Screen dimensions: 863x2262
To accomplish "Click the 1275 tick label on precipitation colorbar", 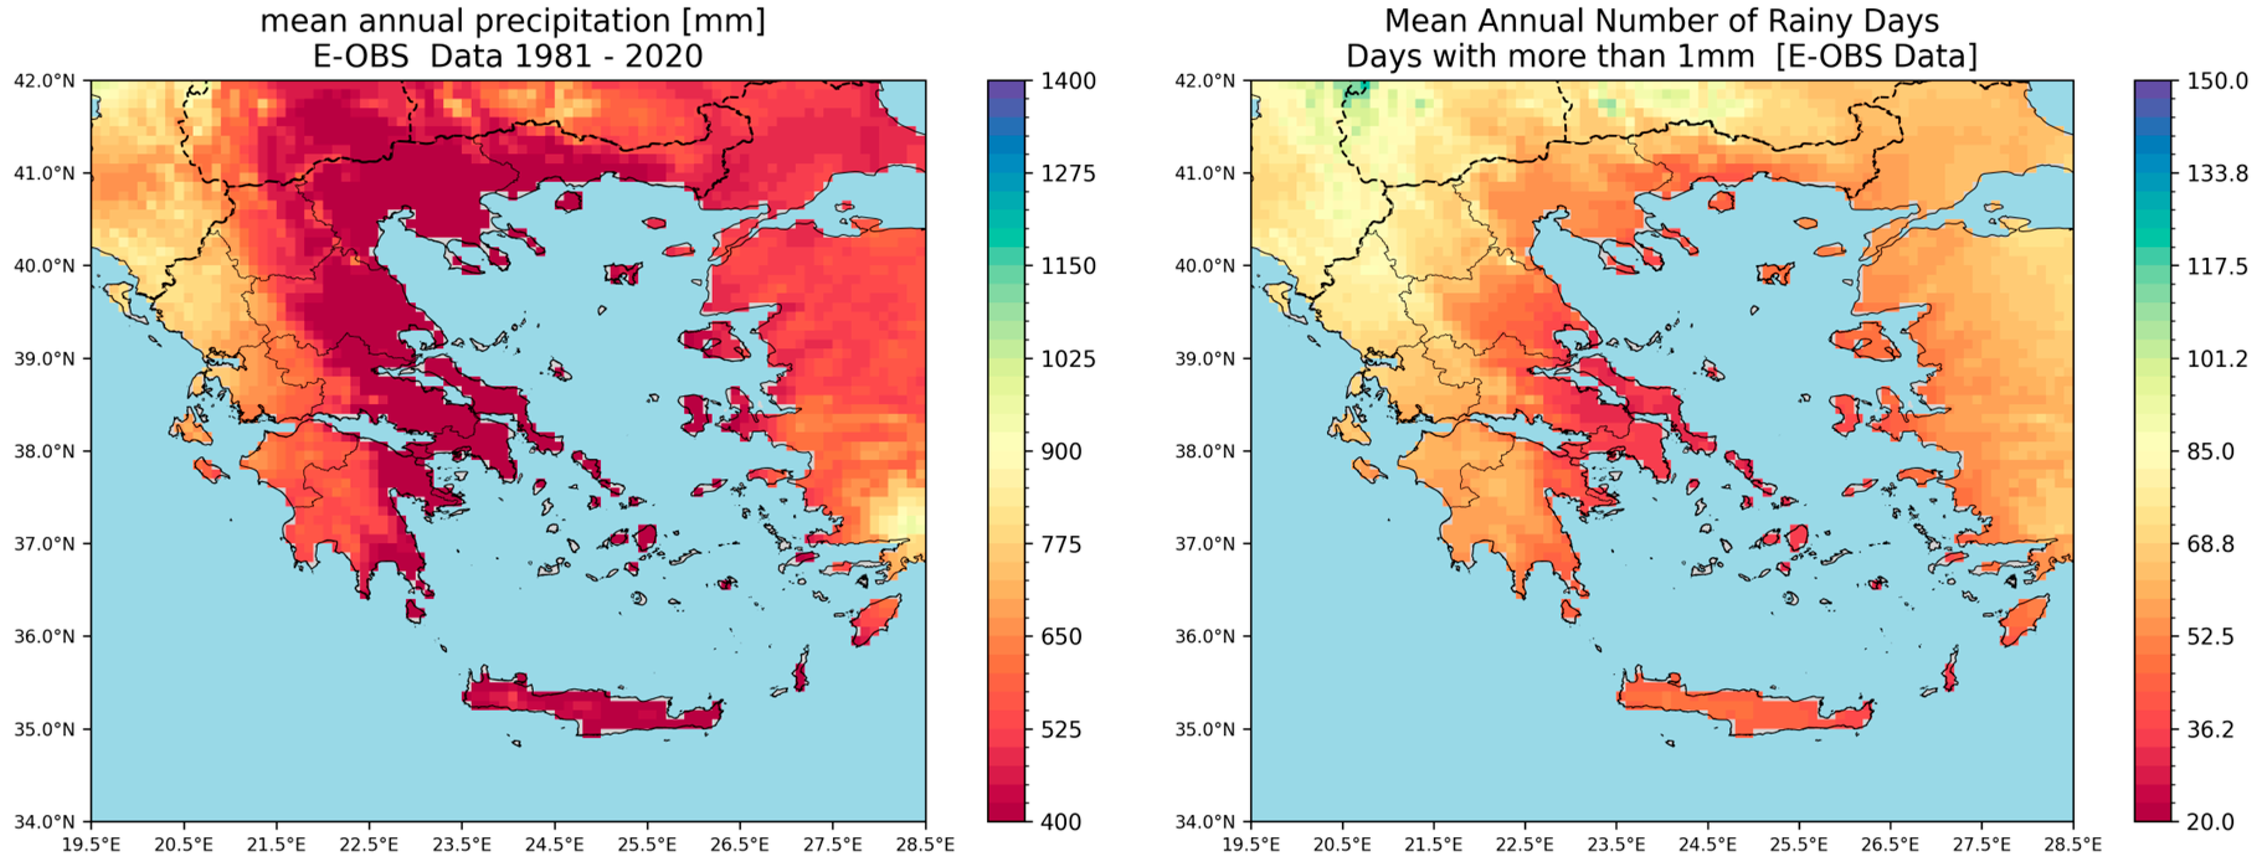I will (x=1068, y=173).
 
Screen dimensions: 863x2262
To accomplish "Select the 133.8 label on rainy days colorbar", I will (x=2217, y=173).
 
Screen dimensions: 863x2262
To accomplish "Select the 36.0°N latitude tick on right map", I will (x=1205, y=637).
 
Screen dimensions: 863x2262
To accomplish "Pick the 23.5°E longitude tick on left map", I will (x=462, y=844).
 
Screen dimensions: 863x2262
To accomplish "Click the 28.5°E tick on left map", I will (x=925, y=844).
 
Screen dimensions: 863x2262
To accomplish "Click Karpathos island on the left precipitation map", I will (x=800, y=673).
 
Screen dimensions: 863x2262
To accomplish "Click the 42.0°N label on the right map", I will (x=1205, y=81).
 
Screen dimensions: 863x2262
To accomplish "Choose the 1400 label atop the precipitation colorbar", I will (x=1068, y=81).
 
